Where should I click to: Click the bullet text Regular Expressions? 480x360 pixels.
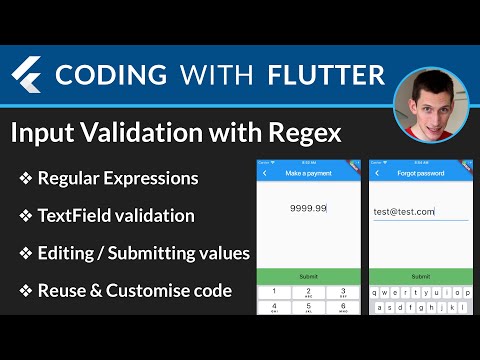pyautogui.click(x=117, y=179)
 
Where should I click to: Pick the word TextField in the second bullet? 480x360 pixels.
pyautogui.click(x=77, y=215)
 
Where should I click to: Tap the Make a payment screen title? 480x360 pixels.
pyautogui.click(x=308, y=174)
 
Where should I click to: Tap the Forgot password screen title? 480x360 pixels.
pyautogui.click(x=421, y=174)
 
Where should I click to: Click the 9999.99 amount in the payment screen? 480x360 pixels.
pyautogui.click(x=308, y=208)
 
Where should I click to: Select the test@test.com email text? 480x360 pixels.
pyautogui.click(x=405, y=211)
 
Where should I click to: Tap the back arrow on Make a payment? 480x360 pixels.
pyautogui.click(x=266, y=174)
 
